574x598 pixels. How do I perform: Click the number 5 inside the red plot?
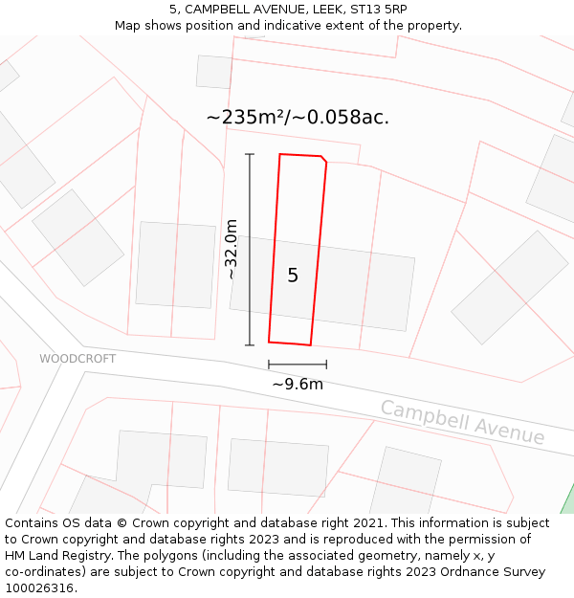(x=293, y=276)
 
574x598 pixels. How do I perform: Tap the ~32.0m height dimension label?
(x=232, y=249)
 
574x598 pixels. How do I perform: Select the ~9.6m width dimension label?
(x=298, y=385)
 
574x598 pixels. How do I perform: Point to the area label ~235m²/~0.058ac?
(x=298, y=118)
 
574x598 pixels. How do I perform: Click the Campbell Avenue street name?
(x=462, y=422)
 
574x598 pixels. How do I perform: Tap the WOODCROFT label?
(x=77, y=359)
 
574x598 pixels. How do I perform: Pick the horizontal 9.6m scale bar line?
(x=298, y=365)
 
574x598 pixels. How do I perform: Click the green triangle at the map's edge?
(x=567, y=501)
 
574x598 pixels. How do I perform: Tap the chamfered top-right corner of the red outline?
(x=323, y=158)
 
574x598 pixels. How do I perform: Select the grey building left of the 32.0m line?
(x=175, y=265)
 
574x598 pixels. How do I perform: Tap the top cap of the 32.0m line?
(x=250, y=154)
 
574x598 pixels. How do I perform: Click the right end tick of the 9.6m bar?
(x=326, y=365)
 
